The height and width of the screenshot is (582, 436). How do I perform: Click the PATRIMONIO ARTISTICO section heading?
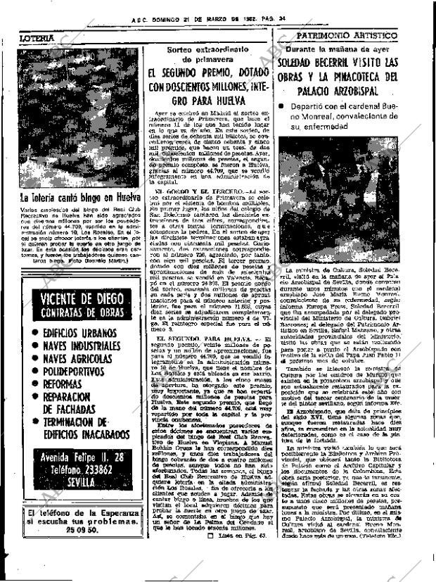(358, 34)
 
